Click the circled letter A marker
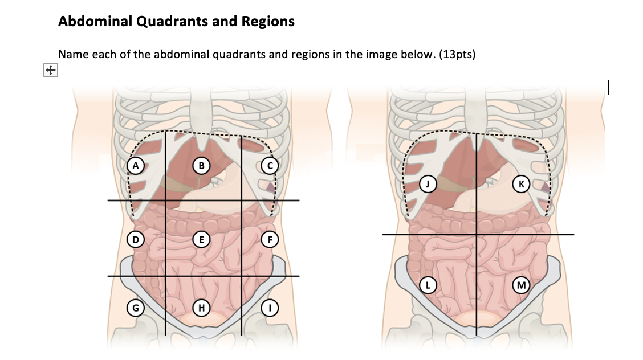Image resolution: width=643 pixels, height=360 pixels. click(135, 166)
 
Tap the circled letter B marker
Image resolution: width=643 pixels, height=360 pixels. click(200, 166)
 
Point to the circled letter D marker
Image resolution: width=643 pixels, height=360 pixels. click(135, 239)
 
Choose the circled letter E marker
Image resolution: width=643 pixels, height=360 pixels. click(200, 239)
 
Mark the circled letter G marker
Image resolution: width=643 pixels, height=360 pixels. click(135, 308)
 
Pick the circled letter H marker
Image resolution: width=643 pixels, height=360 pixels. click(200, 308)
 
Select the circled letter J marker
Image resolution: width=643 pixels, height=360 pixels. click(428, 183)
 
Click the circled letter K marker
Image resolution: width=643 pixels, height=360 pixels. click(520, 183)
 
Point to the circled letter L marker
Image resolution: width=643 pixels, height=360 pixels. click(428, 284)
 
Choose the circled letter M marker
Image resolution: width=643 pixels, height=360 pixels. click(520, 284)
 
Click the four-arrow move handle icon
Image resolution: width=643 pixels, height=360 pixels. click(50, 71)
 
